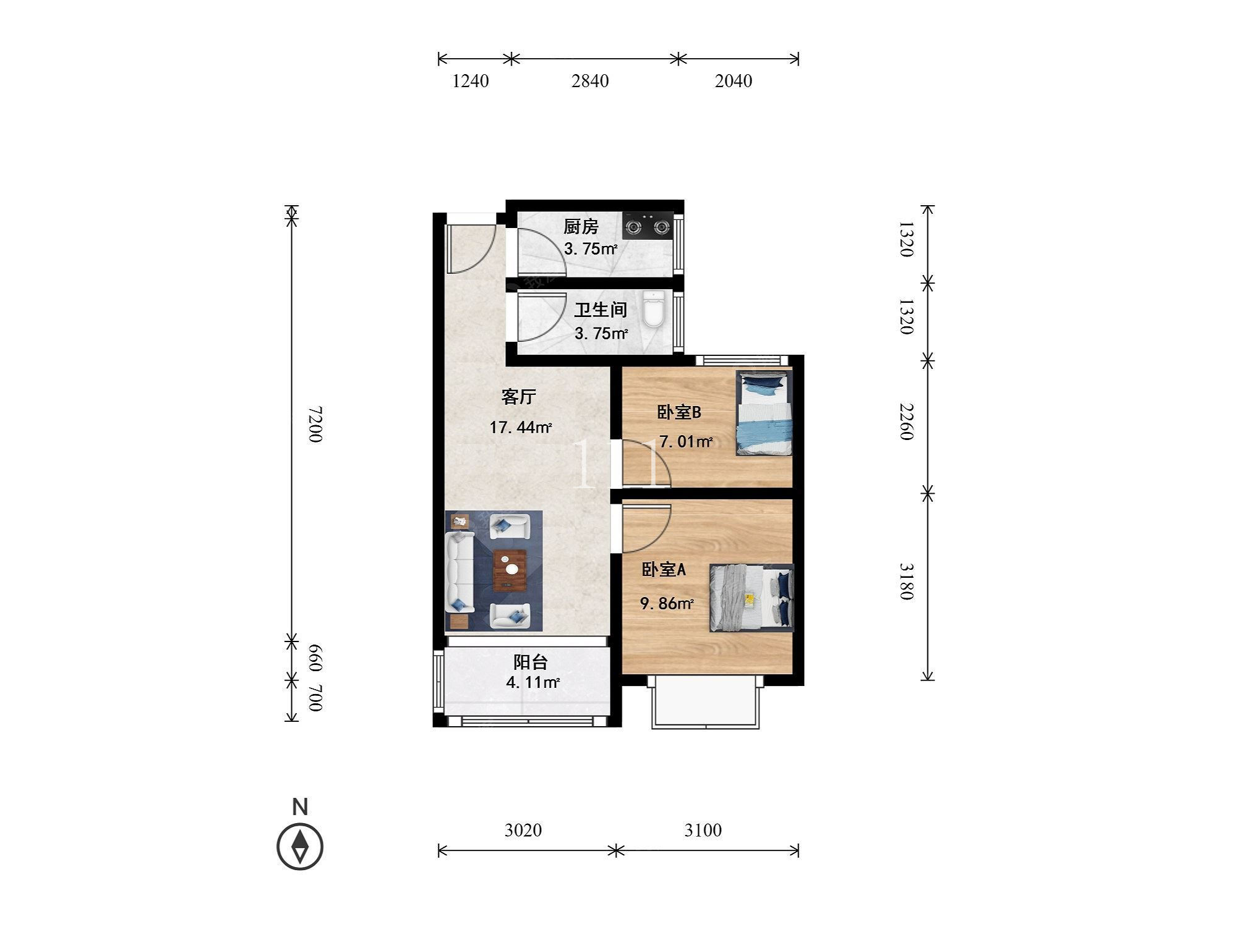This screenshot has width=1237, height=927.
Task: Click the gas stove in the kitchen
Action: (648, 226)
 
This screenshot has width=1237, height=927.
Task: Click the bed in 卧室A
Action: (751, 598)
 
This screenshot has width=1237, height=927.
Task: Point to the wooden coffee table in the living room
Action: (510, 570)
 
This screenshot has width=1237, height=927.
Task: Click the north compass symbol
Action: (300, 846)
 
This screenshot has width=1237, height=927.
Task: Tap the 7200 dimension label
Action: (315, 424)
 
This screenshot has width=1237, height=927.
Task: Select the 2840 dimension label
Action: (590, 81)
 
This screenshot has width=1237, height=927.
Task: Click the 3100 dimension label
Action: (703, 829)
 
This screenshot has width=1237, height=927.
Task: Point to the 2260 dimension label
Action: (906, 421)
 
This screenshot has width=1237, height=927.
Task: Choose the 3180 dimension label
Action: (906, 581)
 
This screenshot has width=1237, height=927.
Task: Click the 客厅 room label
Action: (518, 397)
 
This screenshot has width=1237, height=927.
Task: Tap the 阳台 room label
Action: (531, 662)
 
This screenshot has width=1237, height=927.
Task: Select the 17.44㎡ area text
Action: (520, 427)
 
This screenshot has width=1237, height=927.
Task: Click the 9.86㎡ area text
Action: (666, 603)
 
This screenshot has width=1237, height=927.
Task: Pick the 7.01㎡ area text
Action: (686, 441)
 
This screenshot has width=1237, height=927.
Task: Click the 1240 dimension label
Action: (471, 81)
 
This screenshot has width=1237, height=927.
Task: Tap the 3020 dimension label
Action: (523, 829)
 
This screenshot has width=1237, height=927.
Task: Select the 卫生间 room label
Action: (601, 310)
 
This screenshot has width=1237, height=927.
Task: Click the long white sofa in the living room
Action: (460, 572)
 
